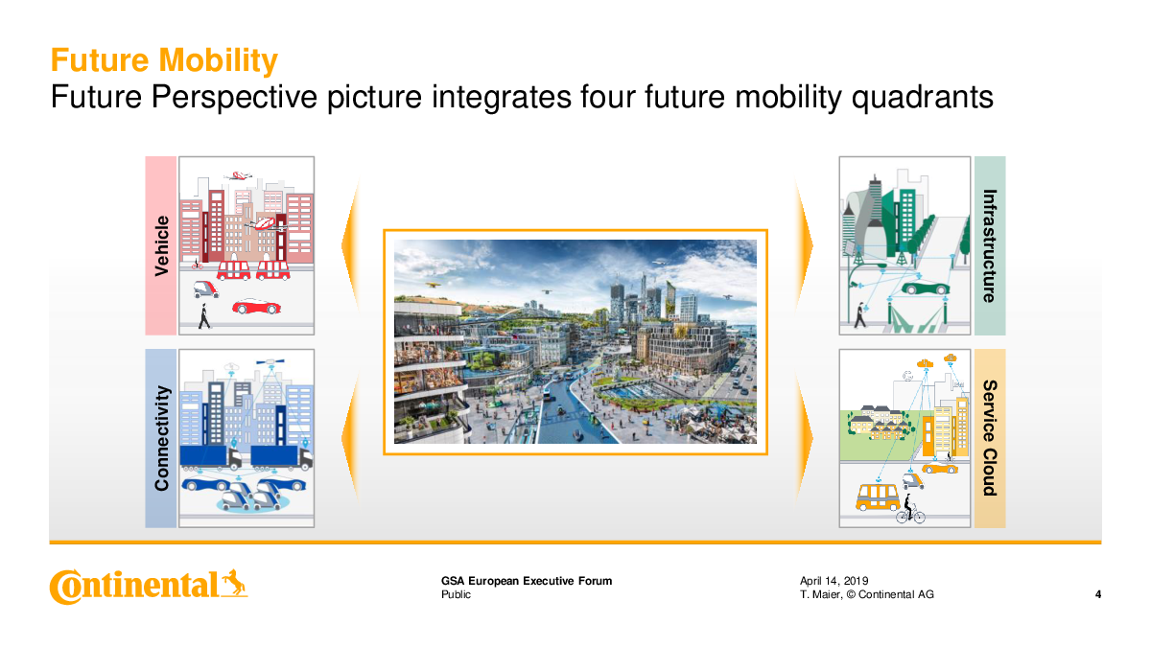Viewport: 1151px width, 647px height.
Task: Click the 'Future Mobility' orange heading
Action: tap(164, 60)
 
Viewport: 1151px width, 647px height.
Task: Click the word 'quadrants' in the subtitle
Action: tap(923, 97)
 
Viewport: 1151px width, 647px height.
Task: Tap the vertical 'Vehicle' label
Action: tap(161, 246)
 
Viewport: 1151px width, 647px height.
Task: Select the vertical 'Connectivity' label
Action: tap(161, 438)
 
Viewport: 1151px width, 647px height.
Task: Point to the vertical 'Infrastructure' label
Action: tap(990, 246)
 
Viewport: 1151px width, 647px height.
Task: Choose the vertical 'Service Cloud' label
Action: tap(990, 438)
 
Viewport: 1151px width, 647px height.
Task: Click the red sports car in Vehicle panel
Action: tap(256, 307)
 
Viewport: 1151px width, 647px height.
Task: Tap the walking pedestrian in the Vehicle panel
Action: tap(204, 316)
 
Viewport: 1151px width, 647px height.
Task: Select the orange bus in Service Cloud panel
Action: tap(878, 497)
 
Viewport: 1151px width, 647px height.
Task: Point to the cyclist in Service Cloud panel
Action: tap(910, 509)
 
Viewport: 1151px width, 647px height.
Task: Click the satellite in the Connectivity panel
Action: tap(270, 361)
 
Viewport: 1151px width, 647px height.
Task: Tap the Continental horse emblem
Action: tap(234, 584)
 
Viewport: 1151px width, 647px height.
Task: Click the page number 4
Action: tap(1098, 594)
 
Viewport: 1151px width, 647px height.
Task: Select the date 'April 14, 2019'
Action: tap(834, 581)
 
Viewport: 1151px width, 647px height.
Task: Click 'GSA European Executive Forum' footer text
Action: tap(527, 581)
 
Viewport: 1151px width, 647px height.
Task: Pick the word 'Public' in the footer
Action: tap(456, 594)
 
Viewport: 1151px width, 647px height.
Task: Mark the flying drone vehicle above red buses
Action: tap(267, 224)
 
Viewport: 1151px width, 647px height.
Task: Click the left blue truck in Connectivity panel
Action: tap(211, 457)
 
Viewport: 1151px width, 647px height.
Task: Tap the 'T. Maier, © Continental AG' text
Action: tap(867, 594)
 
